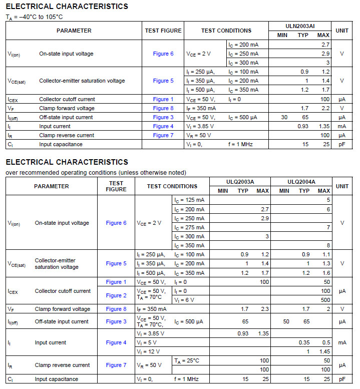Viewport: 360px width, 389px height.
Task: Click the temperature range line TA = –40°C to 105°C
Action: [34, 17]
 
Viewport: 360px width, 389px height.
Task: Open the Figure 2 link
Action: [116, 295]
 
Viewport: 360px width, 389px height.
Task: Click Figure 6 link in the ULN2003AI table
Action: [163, 54]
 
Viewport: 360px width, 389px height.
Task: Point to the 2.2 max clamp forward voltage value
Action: [325, 108]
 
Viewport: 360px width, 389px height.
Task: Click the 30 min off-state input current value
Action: [284, 117]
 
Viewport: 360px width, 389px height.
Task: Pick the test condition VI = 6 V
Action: [185, 300]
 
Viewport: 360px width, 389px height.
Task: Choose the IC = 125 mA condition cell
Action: [189, 200]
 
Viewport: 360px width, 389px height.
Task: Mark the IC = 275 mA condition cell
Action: [189, 227]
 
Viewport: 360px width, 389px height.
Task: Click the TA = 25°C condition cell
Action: [187, 360]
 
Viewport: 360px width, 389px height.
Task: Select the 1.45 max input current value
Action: [323, 352]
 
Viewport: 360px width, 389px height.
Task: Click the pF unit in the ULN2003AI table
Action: [342, 144]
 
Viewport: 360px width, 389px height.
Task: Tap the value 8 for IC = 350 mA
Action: [328, 245]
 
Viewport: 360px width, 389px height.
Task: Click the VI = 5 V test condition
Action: [147, 343]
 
